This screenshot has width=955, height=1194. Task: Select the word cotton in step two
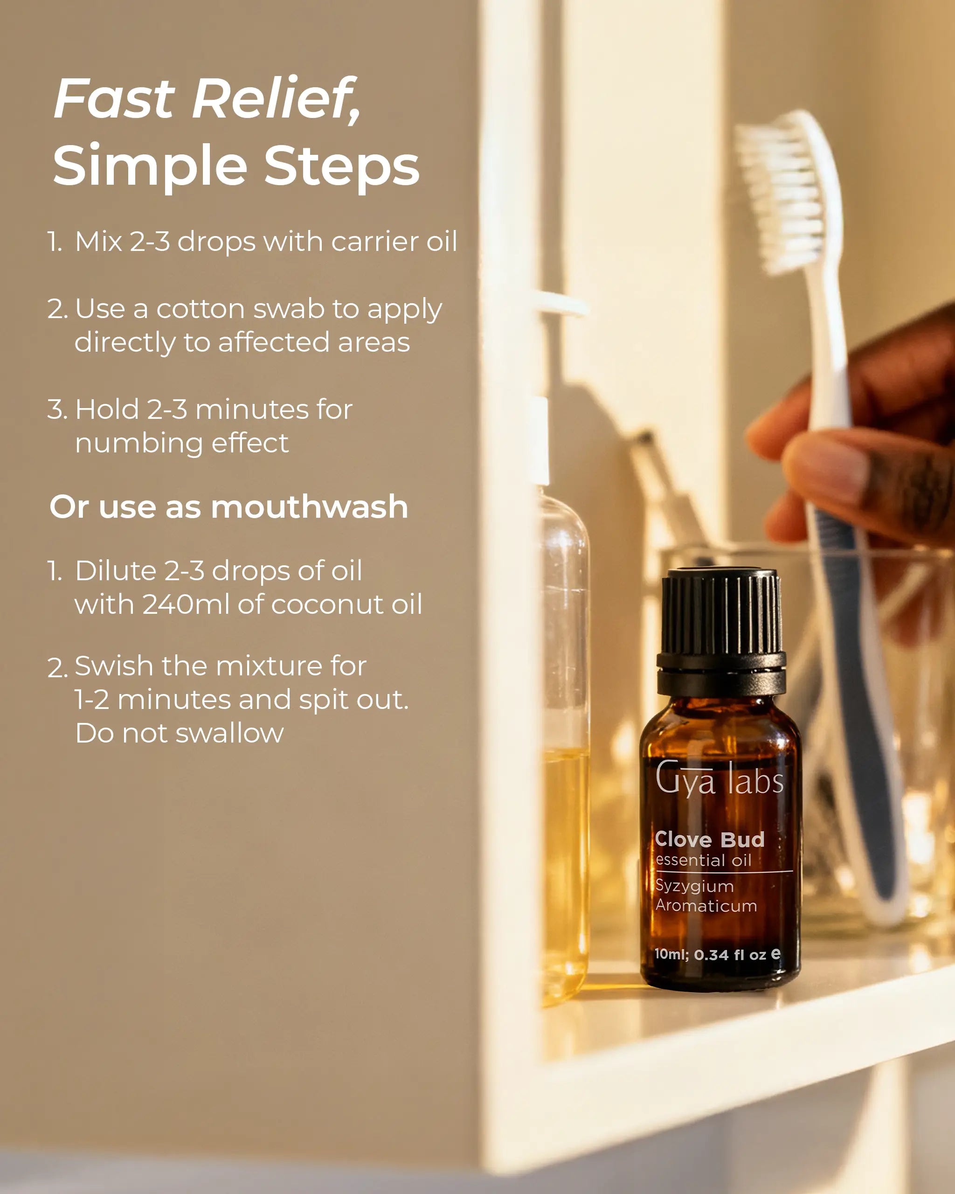click(x=201, y=309)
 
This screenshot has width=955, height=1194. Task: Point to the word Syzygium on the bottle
click(x=694, y=886)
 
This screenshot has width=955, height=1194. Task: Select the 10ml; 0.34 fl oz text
click(x=717, y=955)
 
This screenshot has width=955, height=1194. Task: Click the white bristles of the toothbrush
click(x=786, y=194)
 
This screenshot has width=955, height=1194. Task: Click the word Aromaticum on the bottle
click(x=706, y=906)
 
